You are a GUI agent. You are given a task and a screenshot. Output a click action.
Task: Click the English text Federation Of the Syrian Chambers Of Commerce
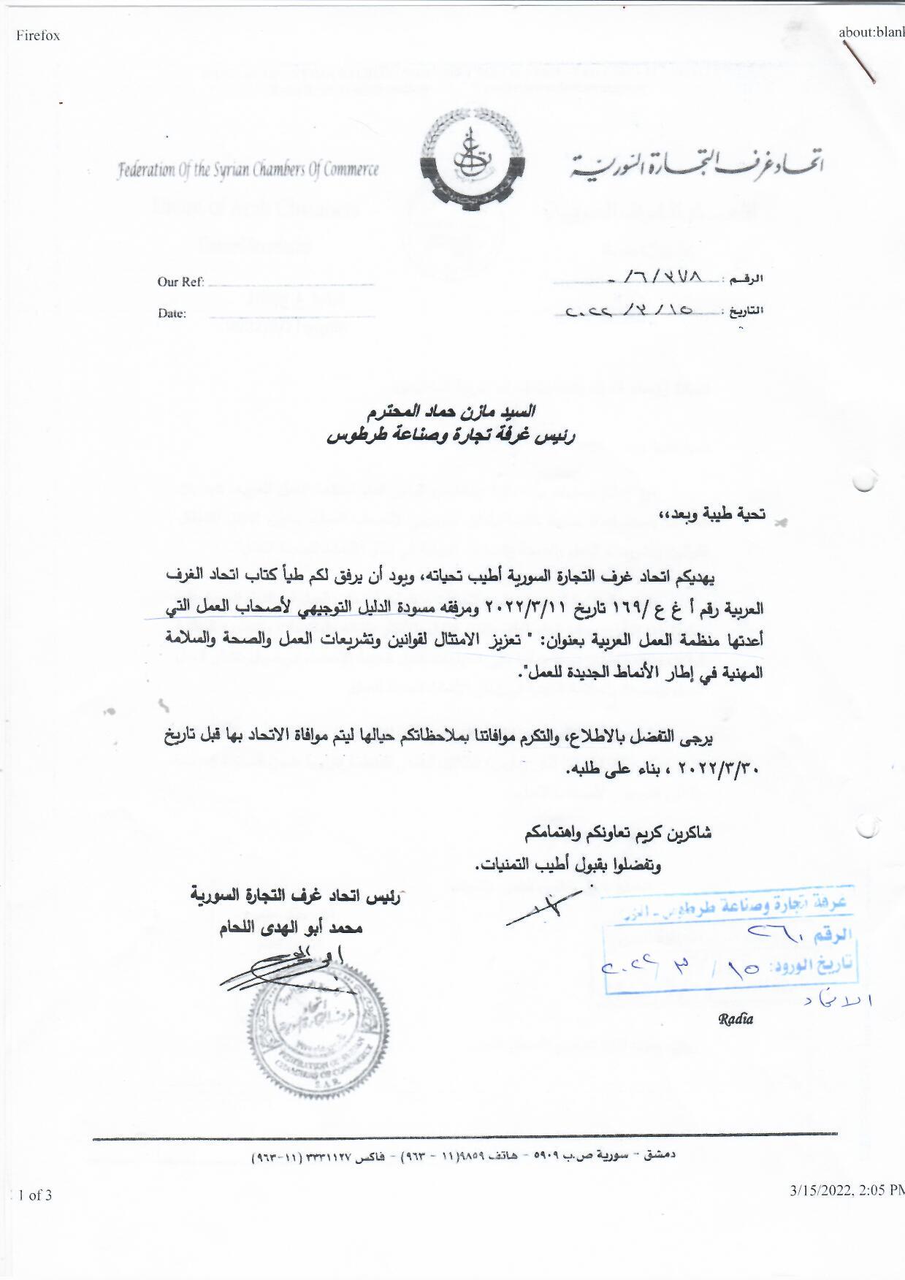coord(248,170)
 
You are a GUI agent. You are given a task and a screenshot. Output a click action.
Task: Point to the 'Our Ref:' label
coord(180,282)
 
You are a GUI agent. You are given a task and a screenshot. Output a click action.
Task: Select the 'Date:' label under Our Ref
coord(172,313)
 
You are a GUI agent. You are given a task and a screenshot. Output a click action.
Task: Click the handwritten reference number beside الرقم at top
coord(661,278)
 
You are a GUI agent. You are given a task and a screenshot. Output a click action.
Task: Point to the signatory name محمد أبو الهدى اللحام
coord(291,928)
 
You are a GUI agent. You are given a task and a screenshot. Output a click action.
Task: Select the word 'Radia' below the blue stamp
coord(735,1019)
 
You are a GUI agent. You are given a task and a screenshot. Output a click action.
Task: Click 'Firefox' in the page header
coord(38,35)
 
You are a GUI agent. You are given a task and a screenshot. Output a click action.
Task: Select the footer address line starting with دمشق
coord(464,1157)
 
